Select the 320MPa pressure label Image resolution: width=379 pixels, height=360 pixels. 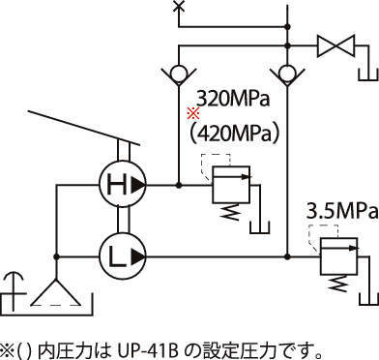232,99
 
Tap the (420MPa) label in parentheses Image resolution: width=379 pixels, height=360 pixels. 234,133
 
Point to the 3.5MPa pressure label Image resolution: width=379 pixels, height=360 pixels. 342,212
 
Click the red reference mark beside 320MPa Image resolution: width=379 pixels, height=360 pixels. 193,113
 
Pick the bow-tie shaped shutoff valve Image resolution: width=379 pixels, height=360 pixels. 335,46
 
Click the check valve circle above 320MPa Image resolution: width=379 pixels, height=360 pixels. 179,74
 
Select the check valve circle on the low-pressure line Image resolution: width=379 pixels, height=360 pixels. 288,74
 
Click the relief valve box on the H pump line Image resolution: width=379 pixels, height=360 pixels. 231,185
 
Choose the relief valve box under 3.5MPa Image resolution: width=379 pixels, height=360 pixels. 338,256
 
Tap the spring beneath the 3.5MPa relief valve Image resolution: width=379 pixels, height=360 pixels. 338,284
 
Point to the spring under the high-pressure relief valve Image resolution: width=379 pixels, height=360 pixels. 231,212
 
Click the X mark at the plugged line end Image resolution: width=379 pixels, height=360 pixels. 178,6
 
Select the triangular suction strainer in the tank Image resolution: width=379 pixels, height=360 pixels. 56,292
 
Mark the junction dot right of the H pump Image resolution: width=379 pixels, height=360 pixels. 179,185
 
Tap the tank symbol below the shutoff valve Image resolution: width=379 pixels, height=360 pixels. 368,74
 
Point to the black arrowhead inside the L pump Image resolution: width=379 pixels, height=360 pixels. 138,256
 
